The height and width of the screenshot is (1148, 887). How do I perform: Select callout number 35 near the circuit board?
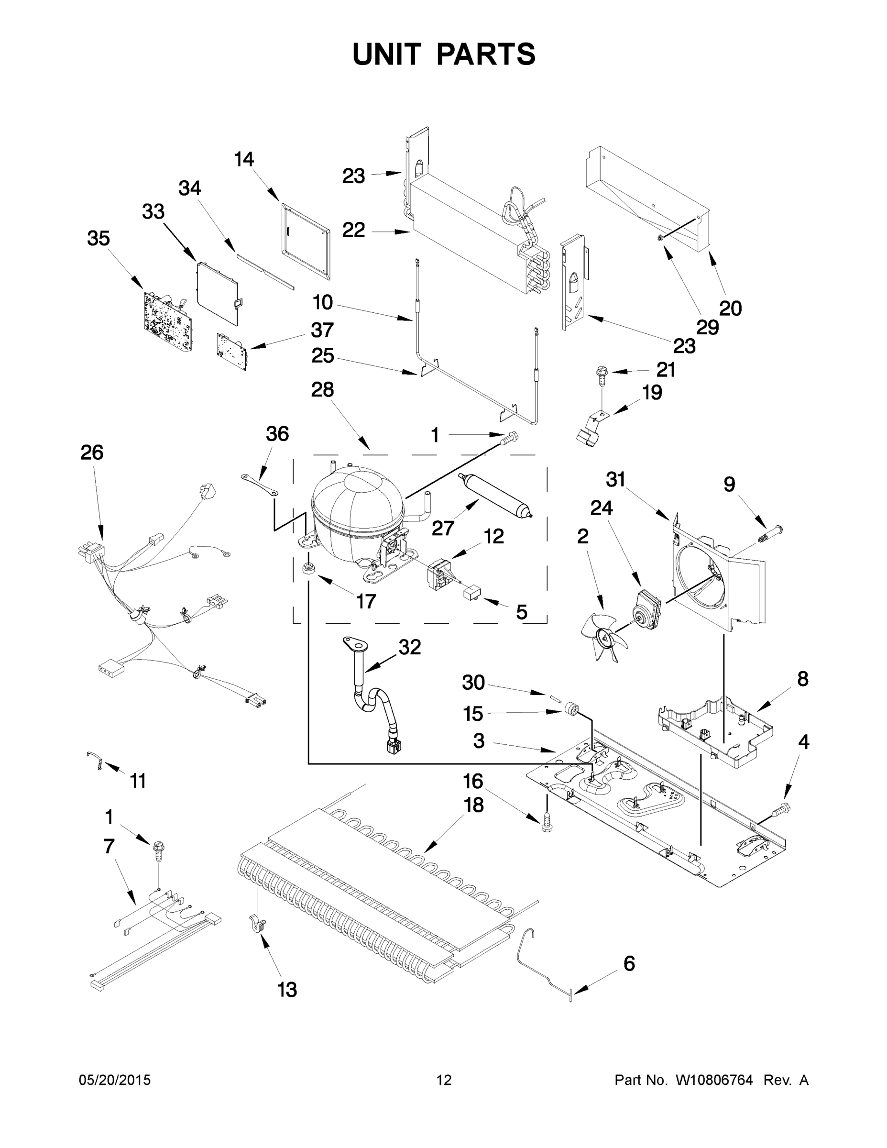coord(99,238)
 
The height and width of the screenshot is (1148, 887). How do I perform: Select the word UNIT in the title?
coord(387,55)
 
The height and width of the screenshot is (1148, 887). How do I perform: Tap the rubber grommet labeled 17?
coord(308,568)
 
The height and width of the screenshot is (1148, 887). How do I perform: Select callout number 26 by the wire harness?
coord(91,453)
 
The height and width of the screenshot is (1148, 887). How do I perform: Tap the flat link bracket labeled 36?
coord(260,484)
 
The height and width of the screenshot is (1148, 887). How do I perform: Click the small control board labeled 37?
coord(231,350)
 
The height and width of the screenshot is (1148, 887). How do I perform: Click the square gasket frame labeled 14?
coord(306,240)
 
